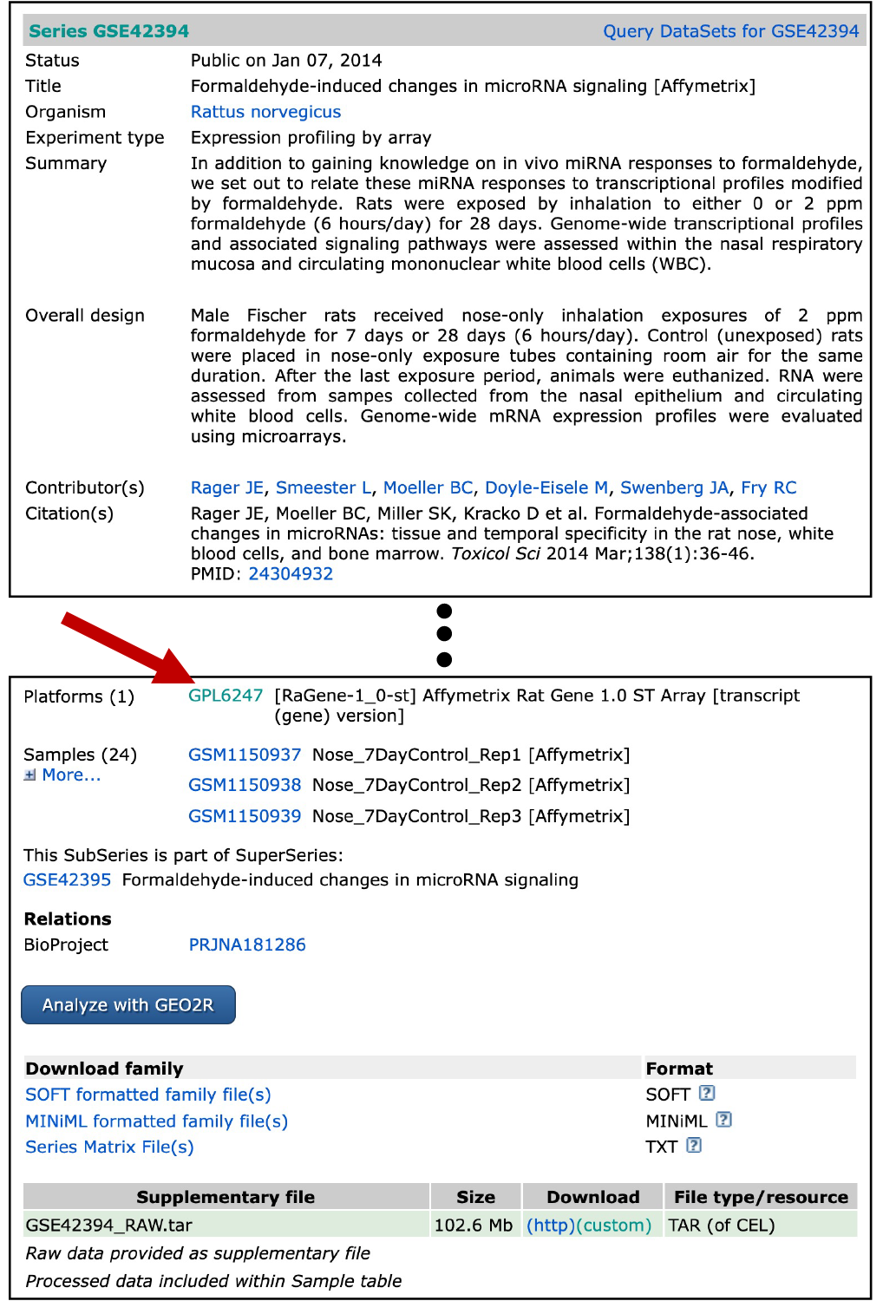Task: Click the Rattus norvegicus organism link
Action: [x=265, y=112]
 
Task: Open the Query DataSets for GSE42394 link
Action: [x=730, y=31]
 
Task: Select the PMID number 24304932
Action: [x=291, y=573]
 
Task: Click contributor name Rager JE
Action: [x=227, y=487]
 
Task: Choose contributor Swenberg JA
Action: [x=674, y=487]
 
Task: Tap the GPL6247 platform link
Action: [x=226, y=696]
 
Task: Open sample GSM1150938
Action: [x=245, y=785]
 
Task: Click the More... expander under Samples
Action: [x=70, y=775]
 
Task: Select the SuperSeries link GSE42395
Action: [x=67, y=879]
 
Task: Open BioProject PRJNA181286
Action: [x=247, y=945]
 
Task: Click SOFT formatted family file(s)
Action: [x=148, y=1095]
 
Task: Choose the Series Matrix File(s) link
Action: [x=109, y=1147]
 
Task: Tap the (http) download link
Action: [x=550, y=1225]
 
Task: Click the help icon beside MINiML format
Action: [x=723, y=1120]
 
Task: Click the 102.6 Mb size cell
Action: [x=474, y=1225]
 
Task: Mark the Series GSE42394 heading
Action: [x=108, y=31]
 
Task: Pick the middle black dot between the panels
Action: [x=444, y=634]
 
